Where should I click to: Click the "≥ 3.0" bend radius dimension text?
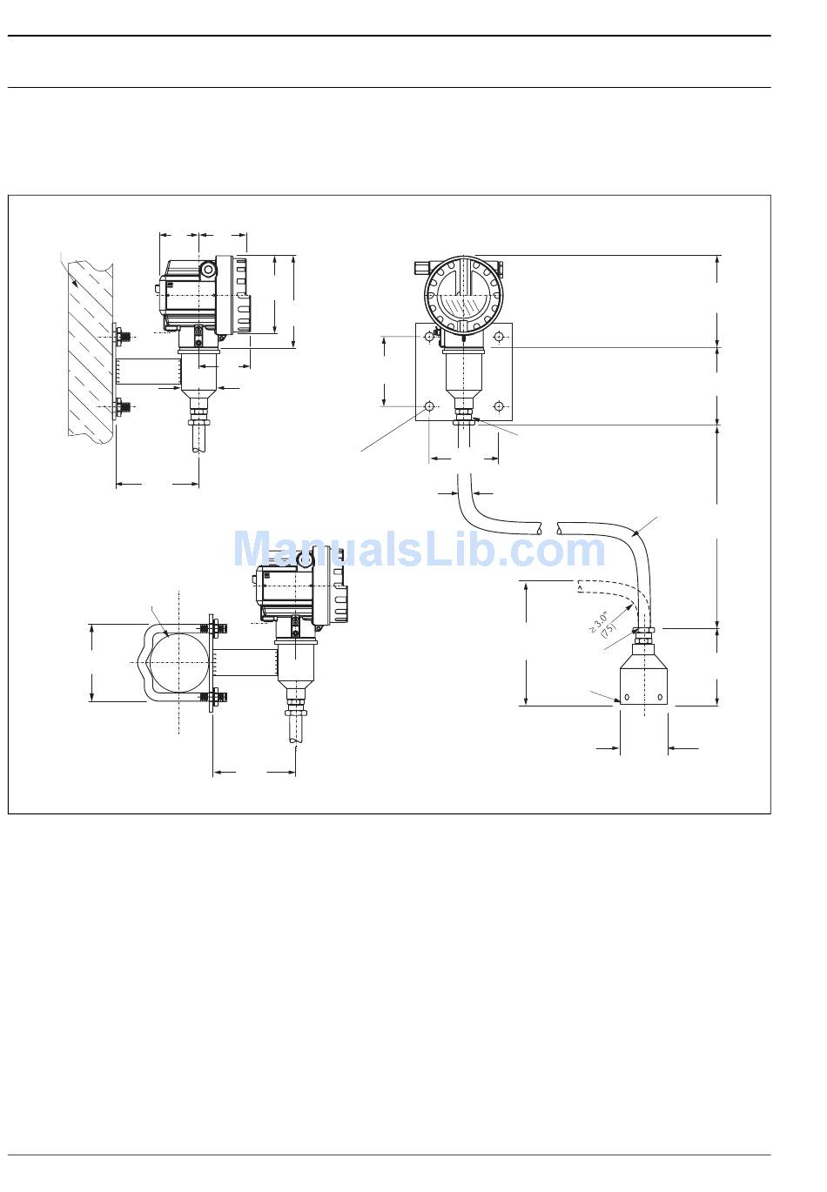[x=598, y=622]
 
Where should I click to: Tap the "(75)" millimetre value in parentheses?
[x=608, y=630]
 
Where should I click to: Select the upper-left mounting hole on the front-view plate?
[x=428, y=337]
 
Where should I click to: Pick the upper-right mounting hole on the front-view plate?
[x=499, y=337]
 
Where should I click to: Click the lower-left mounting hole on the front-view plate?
[x=428, y=406]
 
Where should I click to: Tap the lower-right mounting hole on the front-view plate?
[x=499, y=406]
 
